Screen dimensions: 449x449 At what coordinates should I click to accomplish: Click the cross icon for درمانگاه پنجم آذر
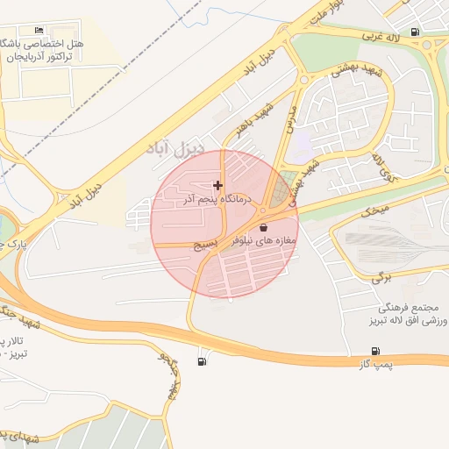point(217,185)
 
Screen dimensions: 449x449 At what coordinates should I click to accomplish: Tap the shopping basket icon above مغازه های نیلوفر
point(263,227)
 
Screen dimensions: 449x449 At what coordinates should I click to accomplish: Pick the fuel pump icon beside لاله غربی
point(414,33)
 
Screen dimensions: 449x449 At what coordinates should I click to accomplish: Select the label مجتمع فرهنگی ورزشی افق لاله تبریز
point(401,316)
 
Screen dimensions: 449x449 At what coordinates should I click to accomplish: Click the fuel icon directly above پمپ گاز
point(376,351)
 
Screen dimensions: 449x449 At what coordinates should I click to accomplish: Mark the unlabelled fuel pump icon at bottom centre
point(203,360)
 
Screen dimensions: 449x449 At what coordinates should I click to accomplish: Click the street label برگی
point(380,277)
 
